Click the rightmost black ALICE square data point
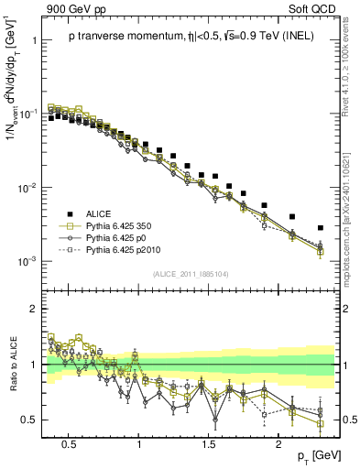[321, 227]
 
